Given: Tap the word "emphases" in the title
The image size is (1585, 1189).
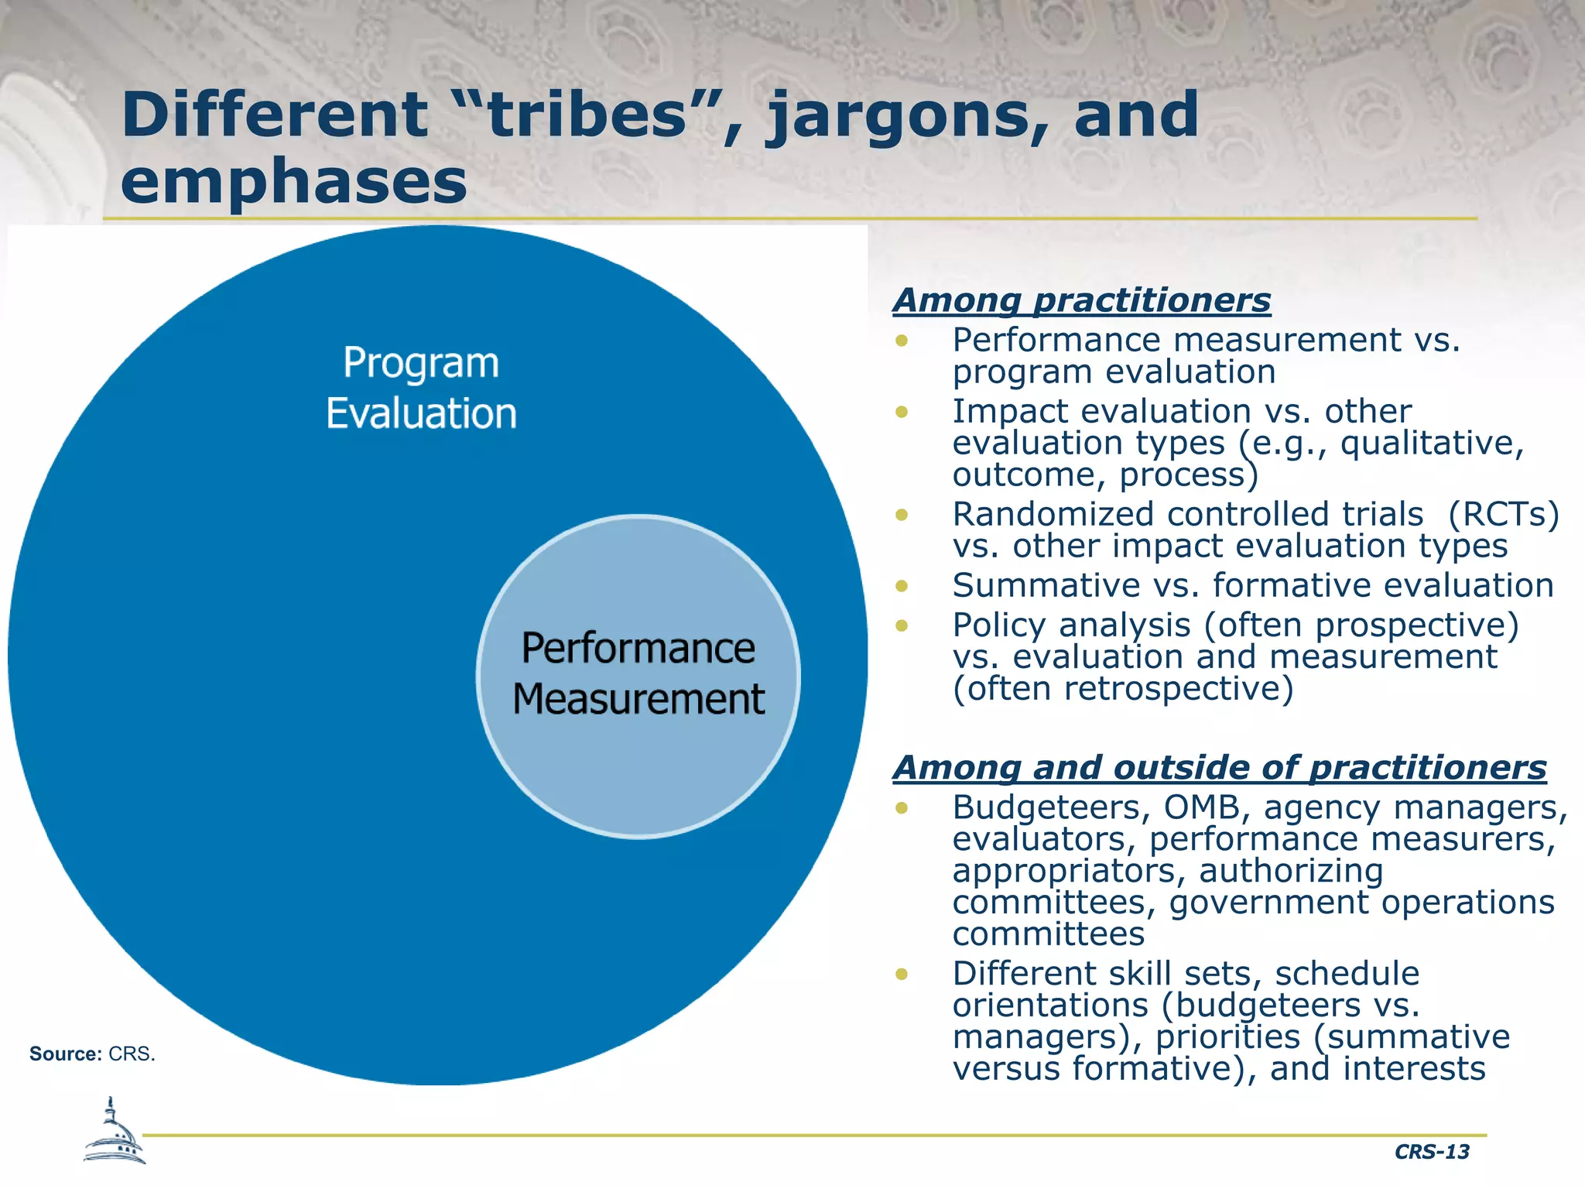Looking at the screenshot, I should click(294, 181).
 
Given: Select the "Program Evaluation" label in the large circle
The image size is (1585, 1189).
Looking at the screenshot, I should click(421, 388).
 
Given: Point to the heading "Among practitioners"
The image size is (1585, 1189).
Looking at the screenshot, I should click(1081, 300).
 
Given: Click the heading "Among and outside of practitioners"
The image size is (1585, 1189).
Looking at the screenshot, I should click(1219, 768).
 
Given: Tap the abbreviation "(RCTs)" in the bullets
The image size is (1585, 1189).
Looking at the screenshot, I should click(1504, 515).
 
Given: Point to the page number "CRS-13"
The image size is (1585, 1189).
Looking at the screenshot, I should click(1431, 1152).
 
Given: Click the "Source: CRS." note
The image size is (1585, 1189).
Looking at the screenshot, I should click(92, 1054).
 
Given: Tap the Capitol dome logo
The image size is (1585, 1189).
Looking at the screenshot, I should click(114, 1132).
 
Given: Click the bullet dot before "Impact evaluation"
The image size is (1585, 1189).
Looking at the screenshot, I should click(901, 412).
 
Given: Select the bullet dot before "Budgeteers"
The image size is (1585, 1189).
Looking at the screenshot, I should click(901, 808).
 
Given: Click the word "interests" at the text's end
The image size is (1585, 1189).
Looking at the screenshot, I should click(1414, 1069).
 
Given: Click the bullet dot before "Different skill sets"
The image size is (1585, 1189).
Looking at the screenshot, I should click(901, 974).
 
